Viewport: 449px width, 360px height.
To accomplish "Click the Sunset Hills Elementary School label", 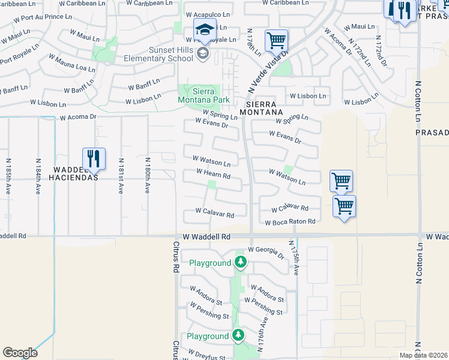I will point(157,54).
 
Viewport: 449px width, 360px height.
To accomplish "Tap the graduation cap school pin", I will point(205,30).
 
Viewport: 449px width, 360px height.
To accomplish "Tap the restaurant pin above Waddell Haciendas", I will point(94,159).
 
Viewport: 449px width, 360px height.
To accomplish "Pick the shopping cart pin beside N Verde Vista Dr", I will point(276,41).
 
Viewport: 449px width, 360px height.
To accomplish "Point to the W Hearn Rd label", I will point(214,175).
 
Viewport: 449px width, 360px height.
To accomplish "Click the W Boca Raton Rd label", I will point(291,222).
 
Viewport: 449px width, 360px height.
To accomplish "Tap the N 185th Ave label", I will point(9,176).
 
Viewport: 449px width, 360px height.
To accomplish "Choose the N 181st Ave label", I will point(121,176).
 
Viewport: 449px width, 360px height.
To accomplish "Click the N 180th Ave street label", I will point(146,175).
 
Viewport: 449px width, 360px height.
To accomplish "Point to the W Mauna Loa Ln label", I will point(71,64).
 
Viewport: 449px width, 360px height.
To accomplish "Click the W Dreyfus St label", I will point(208,357).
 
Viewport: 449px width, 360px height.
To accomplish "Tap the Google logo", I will point(20,353).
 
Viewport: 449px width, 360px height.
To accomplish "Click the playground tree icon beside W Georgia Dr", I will point(241,262).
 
